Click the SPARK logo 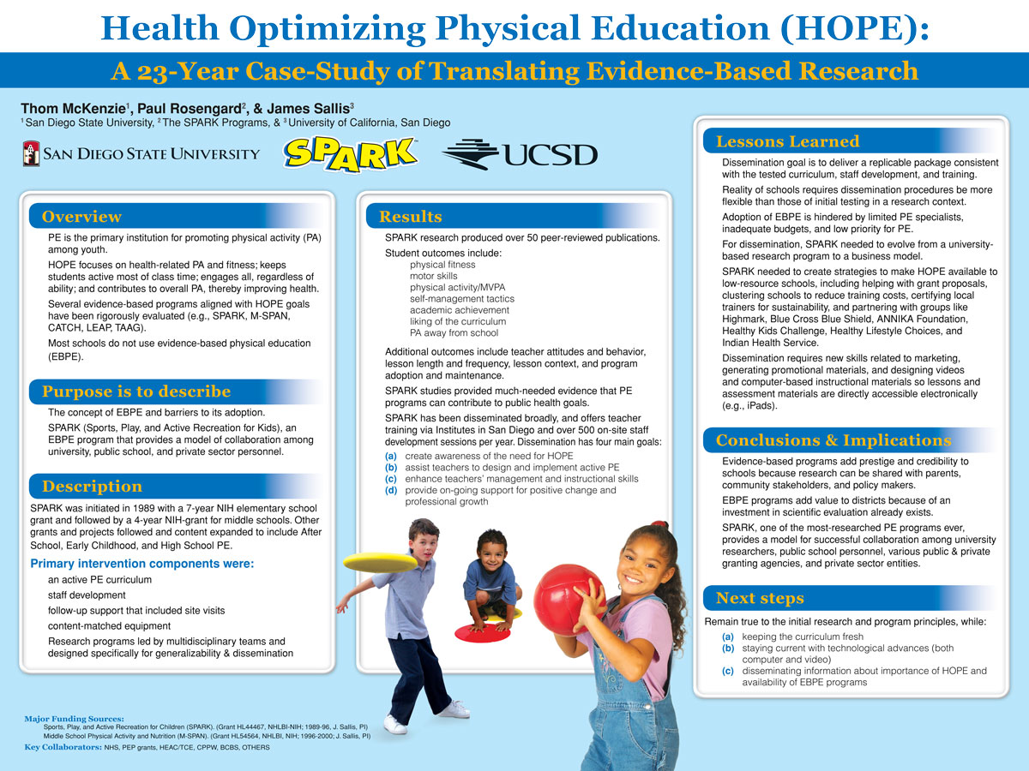[351, 154]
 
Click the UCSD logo [520, 154]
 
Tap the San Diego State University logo [141, 154]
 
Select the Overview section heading [82, 217]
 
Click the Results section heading [411, 217]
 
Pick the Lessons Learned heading [787, 141]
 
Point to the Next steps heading [760, 598]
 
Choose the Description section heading [93, 487]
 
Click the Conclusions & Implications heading [833, 440]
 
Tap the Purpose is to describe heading [136, 392]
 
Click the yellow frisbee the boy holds [379, 562]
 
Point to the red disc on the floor [482, 633]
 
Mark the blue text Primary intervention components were [142, 564]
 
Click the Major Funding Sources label [75, 718]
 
